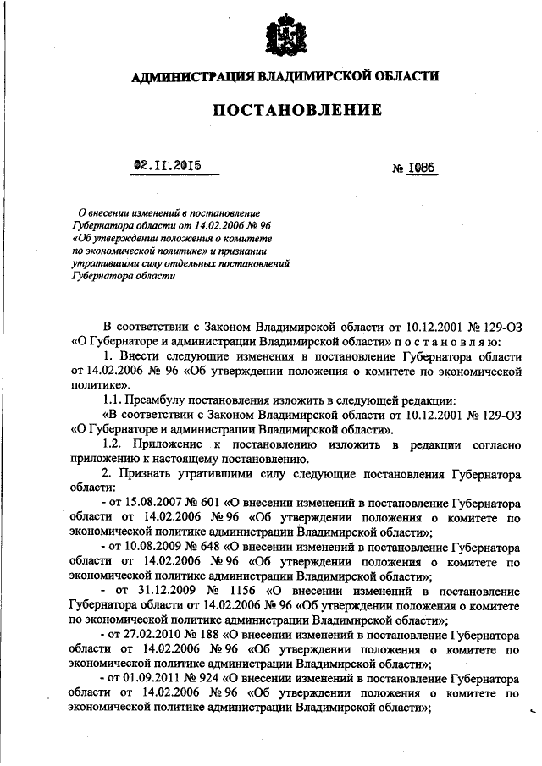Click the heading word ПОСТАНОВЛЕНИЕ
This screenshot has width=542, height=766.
tap(285, 110)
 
